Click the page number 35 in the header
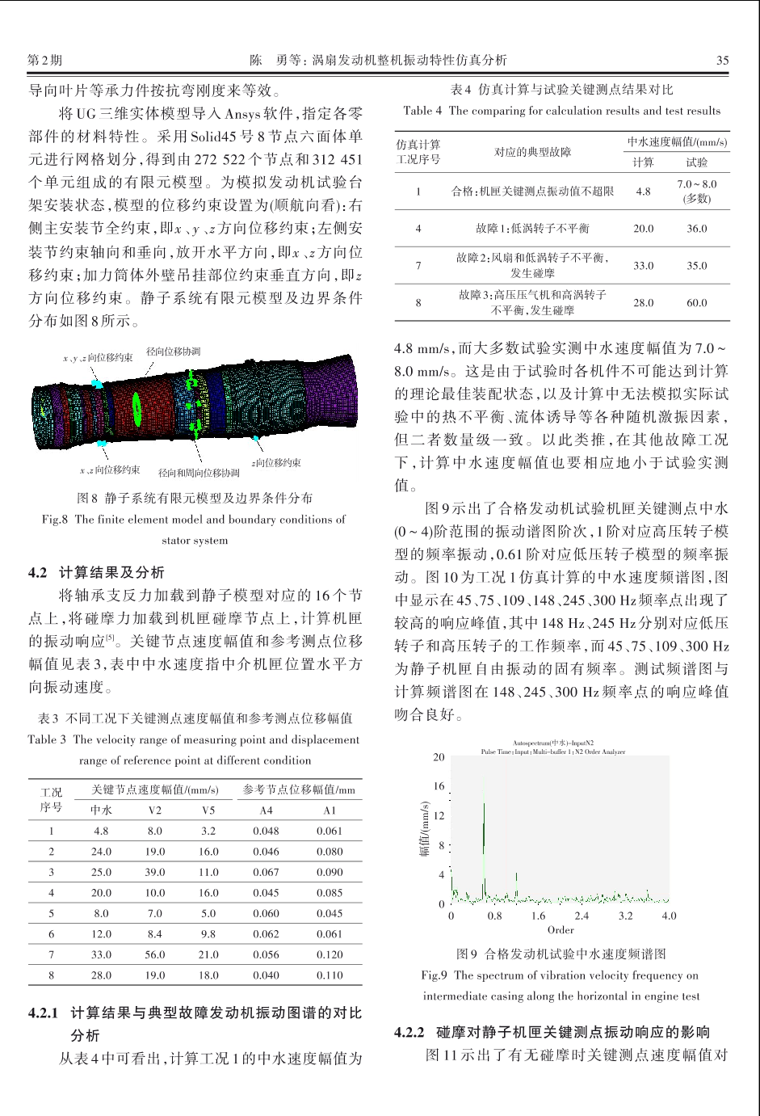[722, 60]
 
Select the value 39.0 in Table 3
[154, 872]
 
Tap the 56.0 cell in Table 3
[154, 954]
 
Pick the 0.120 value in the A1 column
[330, 954]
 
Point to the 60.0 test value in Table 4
[696, 302]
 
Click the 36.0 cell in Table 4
[696, 229]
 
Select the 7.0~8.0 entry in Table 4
[696, 184]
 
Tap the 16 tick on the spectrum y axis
[439, 786]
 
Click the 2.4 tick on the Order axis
[582, 916]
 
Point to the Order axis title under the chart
[561, 930]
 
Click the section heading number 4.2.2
[409, 1032]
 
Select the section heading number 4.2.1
[44, 1012]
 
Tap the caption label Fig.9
[436, 975]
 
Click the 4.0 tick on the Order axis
[669, 916]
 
